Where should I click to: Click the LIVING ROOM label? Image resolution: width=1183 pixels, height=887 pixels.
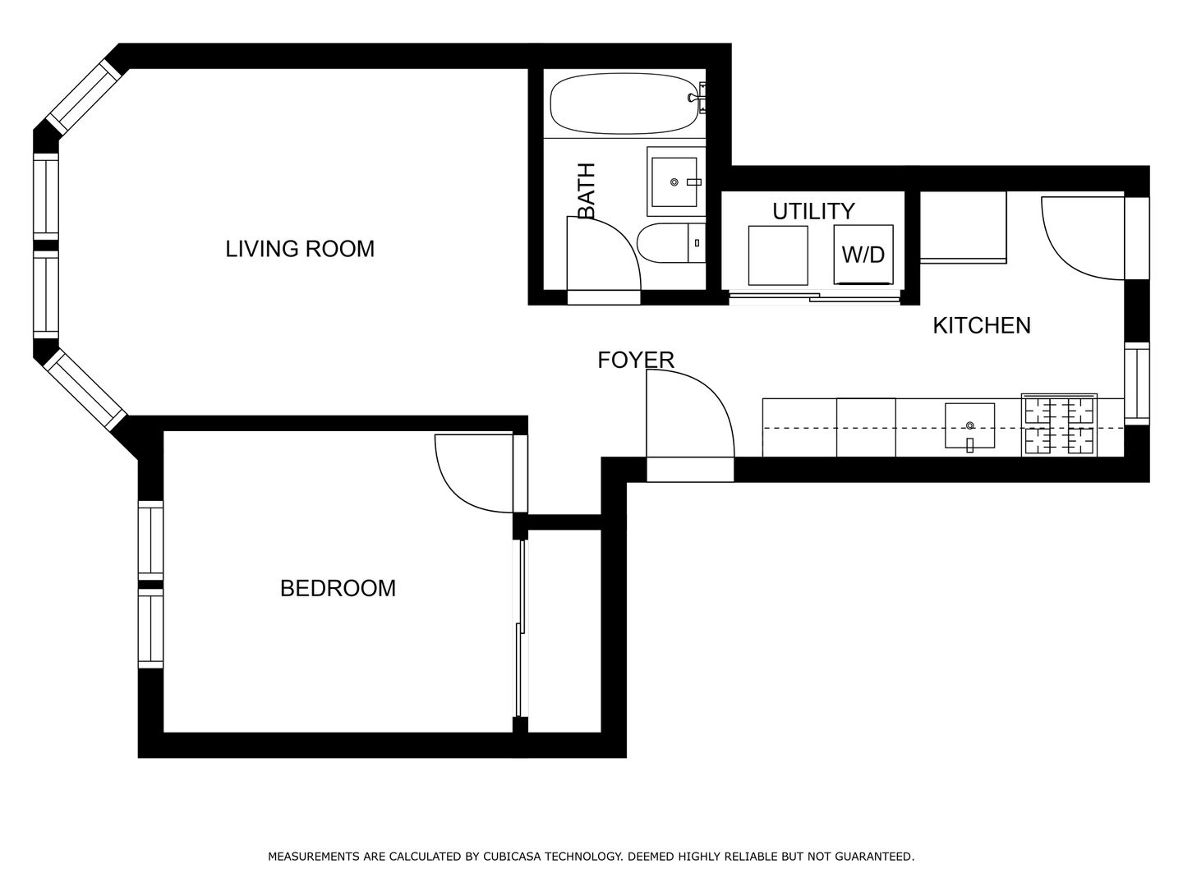pyautogui.click(x=300, y=249)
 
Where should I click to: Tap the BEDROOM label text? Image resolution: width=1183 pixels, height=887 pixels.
pyautogui.click(x=338, y=588)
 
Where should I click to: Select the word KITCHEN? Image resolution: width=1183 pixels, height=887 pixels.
pyautogui.click(x=982, y=325)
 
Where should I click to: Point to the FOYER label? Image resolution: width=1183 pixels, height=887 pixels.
pyautogui.click(x=636, y=360)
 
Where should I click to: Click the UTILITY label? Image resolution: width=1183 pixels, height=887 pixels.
pyautogui.click(x=813, y=211)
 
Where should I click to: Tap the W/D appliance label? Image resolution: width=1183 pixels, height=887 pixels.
pyautogui.click(x=863, y=255)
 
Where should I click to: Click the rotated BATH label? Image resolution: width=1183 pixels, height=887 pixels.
pyautogui.click(x=587, y=191)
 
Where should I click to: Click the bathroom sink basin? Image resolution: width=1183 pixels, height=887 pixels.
pyautogui.click(x=674, y=182)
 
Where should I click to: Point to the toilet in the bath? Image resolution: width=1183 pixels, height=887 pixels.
pyautogui.click(x=671, y=243)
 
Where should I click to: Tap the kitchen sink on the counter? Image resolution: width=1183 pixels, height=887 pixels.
pyautogui.click(x=969, y=425)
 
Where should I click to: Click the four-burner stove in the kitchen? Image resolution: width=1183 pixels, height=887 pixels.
pyautogui.click(x=1059, y=425)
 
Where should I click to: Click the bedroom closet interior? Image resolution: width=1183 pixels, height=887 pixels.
pyautogui.click(x=564, y=631)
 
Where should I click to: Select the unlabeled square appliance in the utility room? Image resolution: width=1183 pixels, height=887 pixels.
pyautogui.click(x=778, y=255)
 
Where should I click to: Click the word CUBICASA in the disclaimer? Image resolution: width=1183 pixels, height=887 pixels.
pyautogui.click(x=510, y=857)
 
